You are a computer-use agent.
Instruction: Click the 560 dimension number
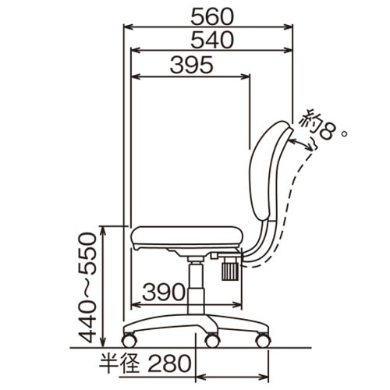coord(212,17)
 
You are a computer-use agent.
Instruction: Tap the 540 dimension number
coord(212,40)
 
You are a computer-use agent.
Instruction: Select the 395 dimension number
coord(192,65)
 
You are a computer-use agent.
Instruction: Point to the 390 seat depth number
coord(164,292)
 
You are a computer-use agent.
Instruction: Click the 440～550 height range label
coord(87,288)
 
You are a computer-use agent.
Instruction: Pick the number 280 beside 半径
coord(169,363)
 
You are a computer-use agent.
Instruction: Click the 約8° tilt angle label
coord(323,126)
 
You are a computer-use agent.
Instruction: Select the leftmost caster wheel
coord(129,340)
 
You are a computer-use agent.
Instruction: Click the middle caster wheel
coord(212,340)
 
